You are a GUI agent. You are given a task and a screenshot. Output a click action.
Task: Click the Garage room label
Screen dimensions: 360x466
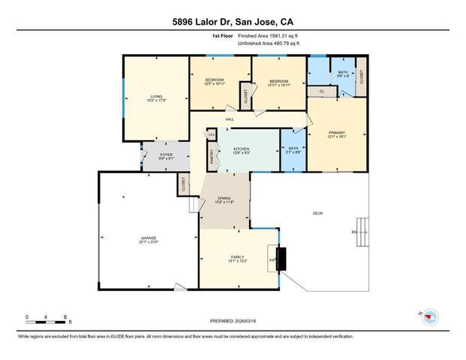[x=148, y=239]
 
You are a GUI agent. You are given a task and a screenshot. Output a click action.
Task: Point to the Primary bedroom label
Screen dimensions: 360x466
[x=335, y=135]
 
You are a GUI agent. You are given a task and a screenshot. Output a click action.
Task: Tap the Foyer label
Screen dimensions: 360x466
[x=165, y=157]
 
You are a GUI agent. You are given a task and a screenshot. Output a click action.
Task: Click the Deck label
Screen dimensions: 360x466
[x=317, y=214]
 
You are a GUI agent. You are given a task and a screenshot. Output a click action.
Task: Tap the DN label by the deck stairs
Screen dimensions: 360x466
[x=355, y=232]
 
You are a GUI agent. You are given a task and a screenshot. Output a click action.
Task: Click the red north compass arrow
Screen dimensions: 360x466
[x=428, y=317]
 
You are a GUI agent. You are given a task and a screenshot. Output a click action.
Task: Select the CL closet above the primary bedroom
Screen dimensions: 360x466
[x=322, y=91]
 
